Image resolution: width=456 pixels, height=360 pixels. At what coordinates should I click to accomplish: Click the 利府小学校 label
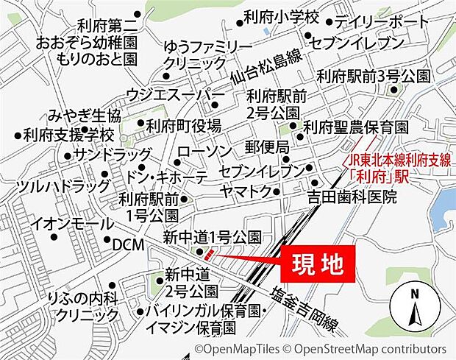pos(282,16)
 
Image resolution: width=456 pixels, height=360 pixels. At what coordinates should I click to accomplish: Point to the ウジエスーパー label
pos(175,94)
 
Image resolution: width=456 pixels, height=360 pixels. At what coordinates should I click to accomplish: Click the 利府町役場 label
pos(183,126)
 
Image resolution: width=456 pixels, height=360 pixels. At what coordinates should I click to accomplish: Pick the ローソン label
pos(204,151)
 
